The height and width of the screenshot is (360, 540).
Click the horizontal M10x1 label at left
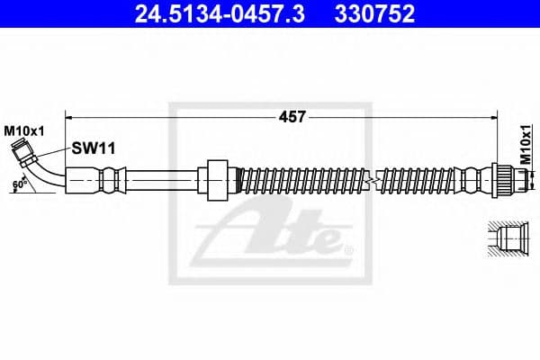click(x=23, y=131)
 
